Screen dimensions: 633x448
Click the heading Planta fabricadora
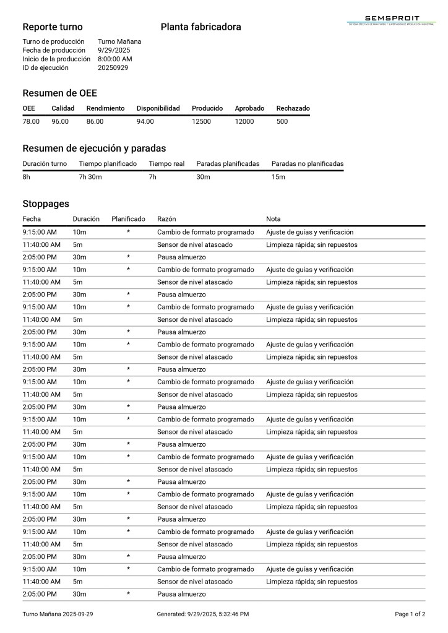tap(200, 27)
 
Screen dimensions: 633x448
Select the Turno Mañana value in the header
tap(119, 41)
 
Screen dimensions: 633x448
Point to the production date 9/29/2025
tap(114, 50)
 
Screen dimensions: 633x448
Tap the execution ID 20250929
tap(113, 67)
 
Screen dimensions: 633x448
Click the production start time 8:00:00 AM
tap(115, 59)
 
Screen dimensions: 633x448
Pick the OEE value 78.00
tap(31, 121)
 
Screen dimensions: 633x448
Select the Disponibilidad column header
tap(158, 108)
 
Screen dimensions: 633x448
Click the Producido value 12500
tap(201, 121)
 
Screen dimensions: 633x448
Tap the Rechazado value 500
tap(282, 121)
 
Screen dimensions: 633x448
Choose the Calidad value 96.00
tap(60, 121)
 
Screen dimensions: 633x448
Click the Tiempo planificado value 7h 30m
tap(90, 177)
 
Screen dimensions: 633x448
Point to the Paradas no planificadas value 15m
tap(278, 177)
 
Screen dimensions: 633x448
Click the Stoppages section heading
tap(46, 204)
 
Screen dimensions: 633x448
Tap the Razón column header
tap(166, 219)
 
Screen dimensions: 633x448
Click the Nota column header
tap(273, 219)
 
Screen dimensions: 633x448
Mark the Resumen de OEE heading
tap(59, 93)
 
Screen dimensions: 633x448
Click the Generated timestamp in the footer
tap(203, 614)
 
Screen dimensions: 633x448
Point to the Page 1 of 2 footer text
tap(410, 614)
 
